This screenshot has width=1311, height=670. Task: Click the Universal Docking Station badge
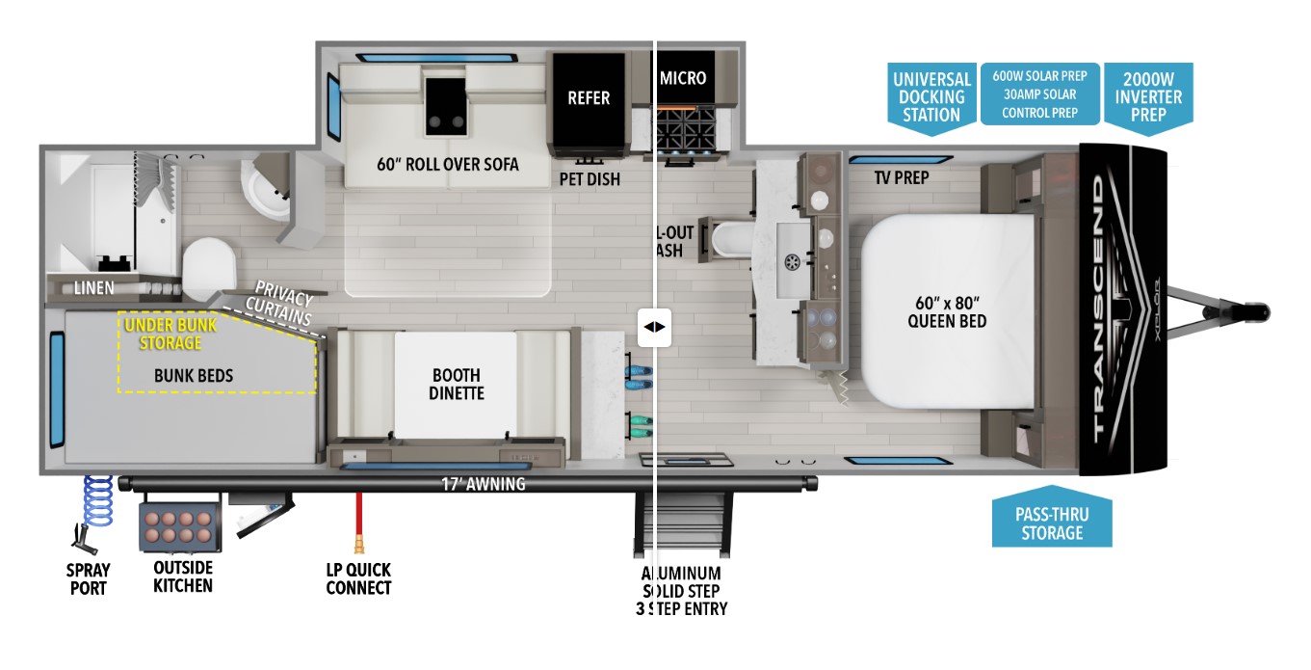(930, 95)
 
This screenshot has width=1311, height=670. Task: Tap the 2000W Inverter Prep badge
(1147, 95)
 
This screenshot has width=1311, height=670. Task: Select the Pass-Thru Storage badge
(1052, 523)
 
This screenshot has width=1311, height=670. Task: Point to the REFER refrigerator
(588, 98)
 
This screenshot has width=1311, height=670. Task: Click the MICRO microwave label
(683, 78)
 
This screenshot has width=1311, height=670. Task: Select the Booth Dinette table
(456, 384)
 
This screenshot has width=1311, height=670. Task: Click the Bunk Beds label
(194, 375)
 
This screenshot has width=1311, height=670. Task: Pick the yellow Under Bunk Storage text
(170, 334)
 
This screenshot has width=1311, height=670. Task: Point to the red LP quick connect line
(358, 515)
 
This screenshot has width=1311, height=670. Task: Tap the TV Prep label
(901, 177)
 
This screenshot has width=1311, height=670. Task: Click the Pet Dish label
(590, 179)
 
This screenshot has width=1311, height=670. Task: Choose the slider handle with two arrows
(654, 327)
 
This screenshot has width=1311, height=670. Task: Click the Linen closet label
(93, 287)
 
